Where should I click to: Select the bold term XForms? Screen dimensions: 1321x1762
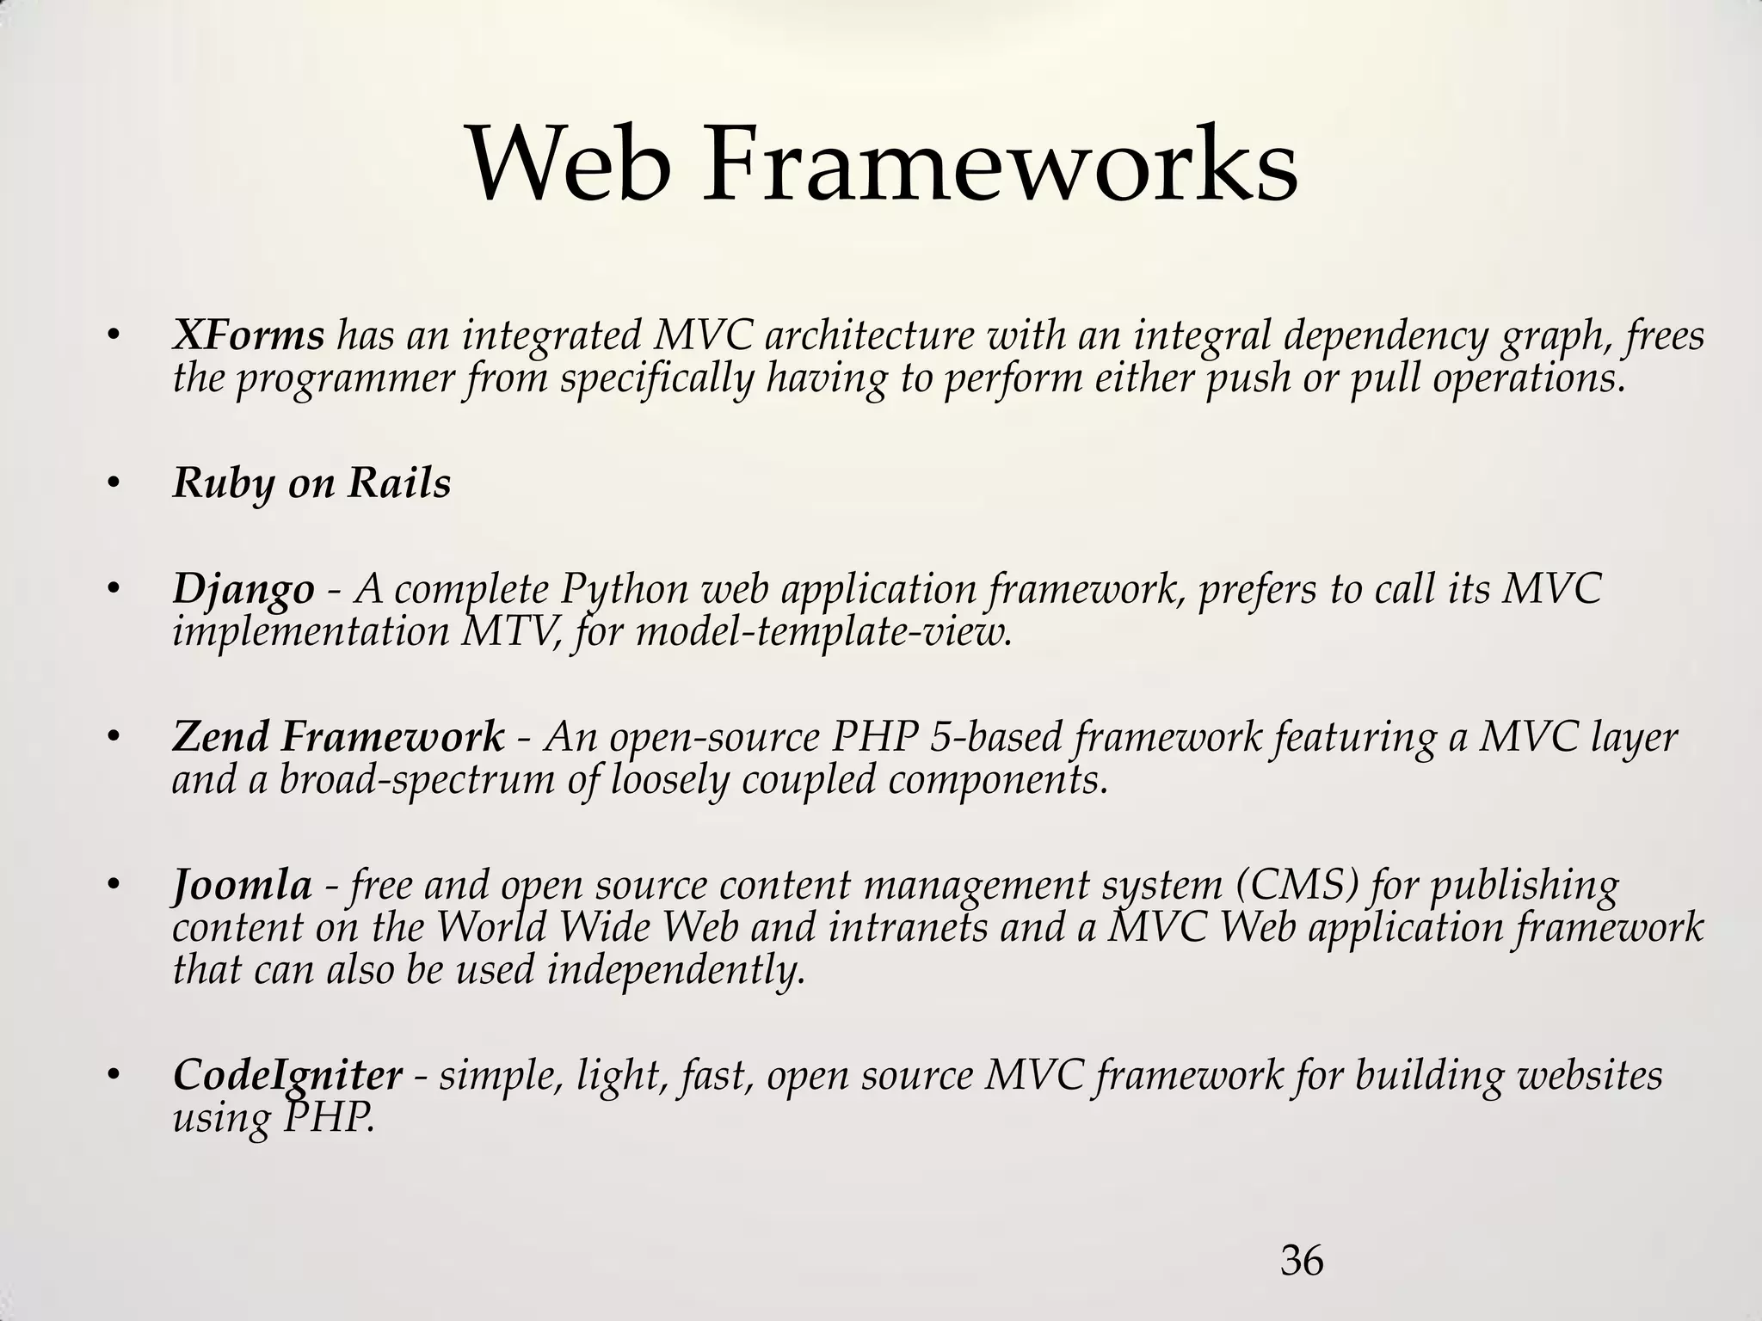click(x=248, y=334)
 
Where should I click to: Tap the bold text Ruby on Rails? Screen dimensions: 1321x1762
click(x=311, y=482)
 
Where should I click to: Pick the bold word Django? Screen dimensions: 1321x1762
click(x=243, y=590)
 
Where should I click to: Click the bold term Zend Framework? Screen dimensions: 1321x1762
click(x=338, y=737)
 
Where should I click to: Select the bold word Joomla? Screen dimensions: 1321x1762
click(x=242, y=885)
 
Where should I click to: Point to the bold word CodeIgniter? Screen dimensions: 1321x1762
click(x=287, y=1075)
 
